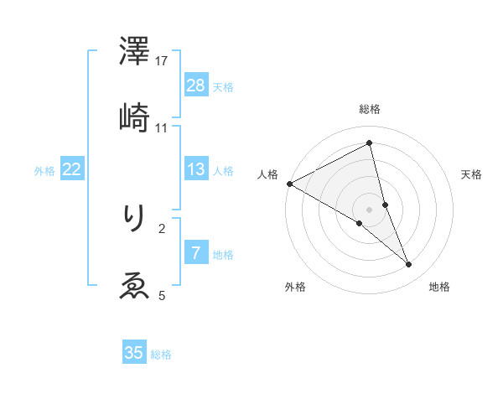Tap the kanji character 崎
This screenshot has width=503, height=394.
pyautogui.click(x=134, y=119)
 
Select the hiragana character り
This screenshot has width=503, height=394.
pyautogui.click(x=134, y=220)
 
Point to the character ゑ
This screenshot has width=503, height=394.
pyautogui.click(x=134, y=286)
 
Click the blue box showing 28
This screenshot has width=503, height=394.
pyautogui.click(x=195, y=85)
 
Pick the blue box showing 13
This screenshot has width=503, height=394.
pyautogui.click(x=195, y=169)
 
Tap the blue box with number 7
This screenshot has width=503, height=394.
pyautogui.click(x=195, y=253)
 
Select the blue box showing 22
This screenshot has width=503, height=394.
pyautogui.click(x=72, y=169)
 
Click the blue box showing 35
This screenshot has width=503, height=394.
pyautogui.click(x=134, y=353)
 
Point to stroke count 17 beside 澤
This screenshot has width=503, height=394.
pyautogui.click(x=163, y=61)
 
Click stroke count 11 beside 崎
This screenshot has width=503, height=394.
pyautogui.click(x=163, y=127)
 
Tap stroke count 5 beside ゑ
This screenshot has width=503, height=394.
pyautogui.click(x=162, y=294)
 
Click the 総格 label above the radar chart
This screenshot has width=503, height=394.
pyautogui.click(x=370, y=109)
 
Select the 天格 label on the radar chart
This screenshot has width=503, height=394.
pyautogui.click(x=471, y=174)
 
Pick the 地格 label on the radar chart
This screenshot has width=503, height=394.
pyautogui.click(x=439, y=288)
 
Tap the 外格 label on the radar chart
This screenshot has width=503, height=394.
pyautogui.click(x=295, y=288)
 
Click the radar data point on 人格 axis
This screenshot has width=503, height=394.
pyautogui.click(x=289, y=184)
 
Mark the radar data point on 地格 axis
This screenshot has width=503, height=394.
pyautogui.click(x=409, y=265)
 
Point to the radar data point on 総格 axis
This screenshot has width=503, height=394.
pyautogui.click(x=370, y=143)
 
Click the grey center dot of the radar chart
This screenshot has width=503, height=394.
pyautogui.click(x=370, y=209)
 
